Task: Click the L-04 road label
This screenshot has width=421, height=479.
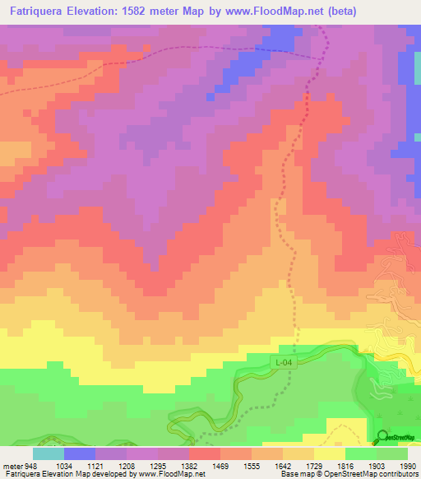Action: click(x=282, y=361)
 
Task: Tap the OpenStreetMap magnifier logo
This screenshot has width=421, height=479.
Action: click(x=382, y=436)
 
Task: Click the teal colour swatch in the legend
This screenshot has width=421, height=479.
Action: click(x=49, y=453)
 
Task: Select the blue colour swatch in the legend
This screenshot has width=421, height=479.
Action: click(x=80, y=453)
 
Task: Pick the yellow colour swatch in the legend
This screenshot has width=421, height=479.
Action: click(x=330, y=453)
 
